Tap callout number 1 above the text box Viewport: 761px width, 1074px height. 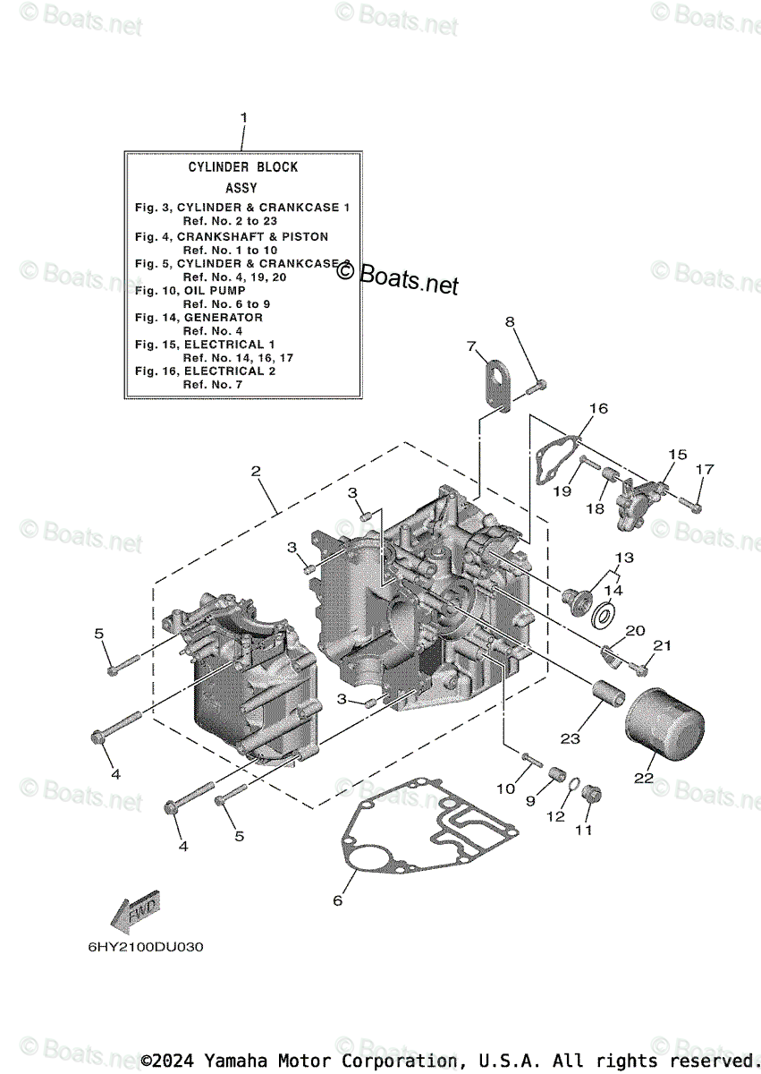242,117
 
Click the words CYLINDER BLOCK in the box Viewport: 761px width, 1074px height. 243,166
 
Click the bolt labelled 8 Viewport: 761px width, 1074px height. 537,386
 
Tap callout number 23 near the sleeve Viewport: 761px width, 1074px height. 570,738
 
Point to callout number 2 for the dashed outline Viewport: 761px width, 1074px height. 256,471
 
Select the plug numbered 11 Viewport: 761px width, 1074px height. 592,793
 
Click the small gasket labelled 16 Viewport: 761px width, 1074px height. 554,461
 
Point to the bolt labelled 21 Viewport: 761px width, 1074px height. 640,666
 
